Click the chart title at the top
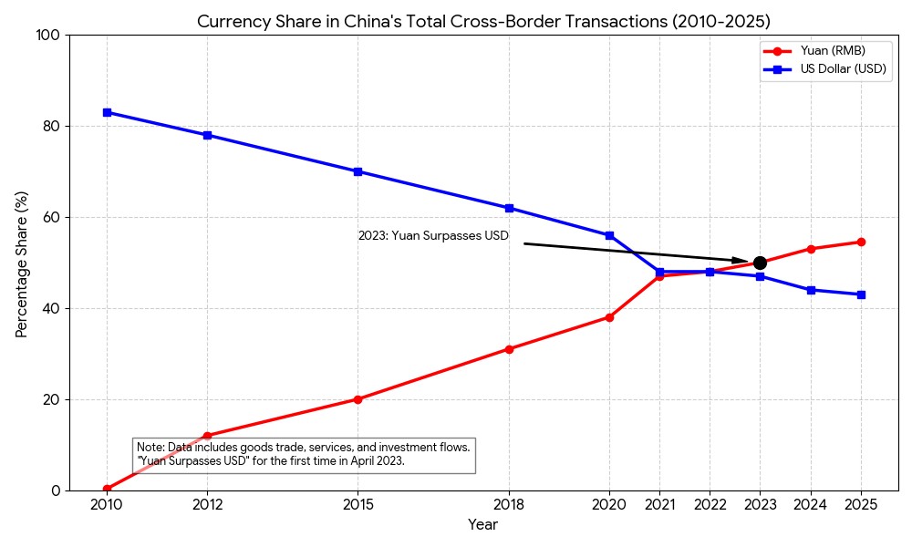click(x=483, y=21)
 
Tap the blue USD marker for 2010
click(x=107, y=112)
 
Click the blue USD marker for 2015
click(x=358, y=171)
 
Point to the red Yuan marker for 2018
click(x=509, y=349)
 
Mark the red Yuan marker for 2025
click(x=861, y=242)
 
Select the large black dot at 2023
click(x=760, y=263)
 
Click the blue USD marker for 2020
click(x=609, y=235)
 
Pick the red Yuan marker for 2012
click(x=207, y=436)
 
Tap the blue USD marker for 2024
click(x=811, y=290)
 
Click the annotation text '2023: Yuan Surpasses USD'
click(x=433, y=235)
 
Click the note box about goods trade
click(x=304, y=454)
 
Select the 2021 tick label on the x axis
click(x=659, y=504)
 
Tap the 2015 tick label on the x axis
click(x=358, y=504)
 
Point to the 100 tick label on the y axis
click(x=47, y=35)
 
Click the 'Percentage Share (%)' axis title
click(x=22, y=263)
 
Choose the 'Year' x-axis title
click(x=482, y=525)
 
